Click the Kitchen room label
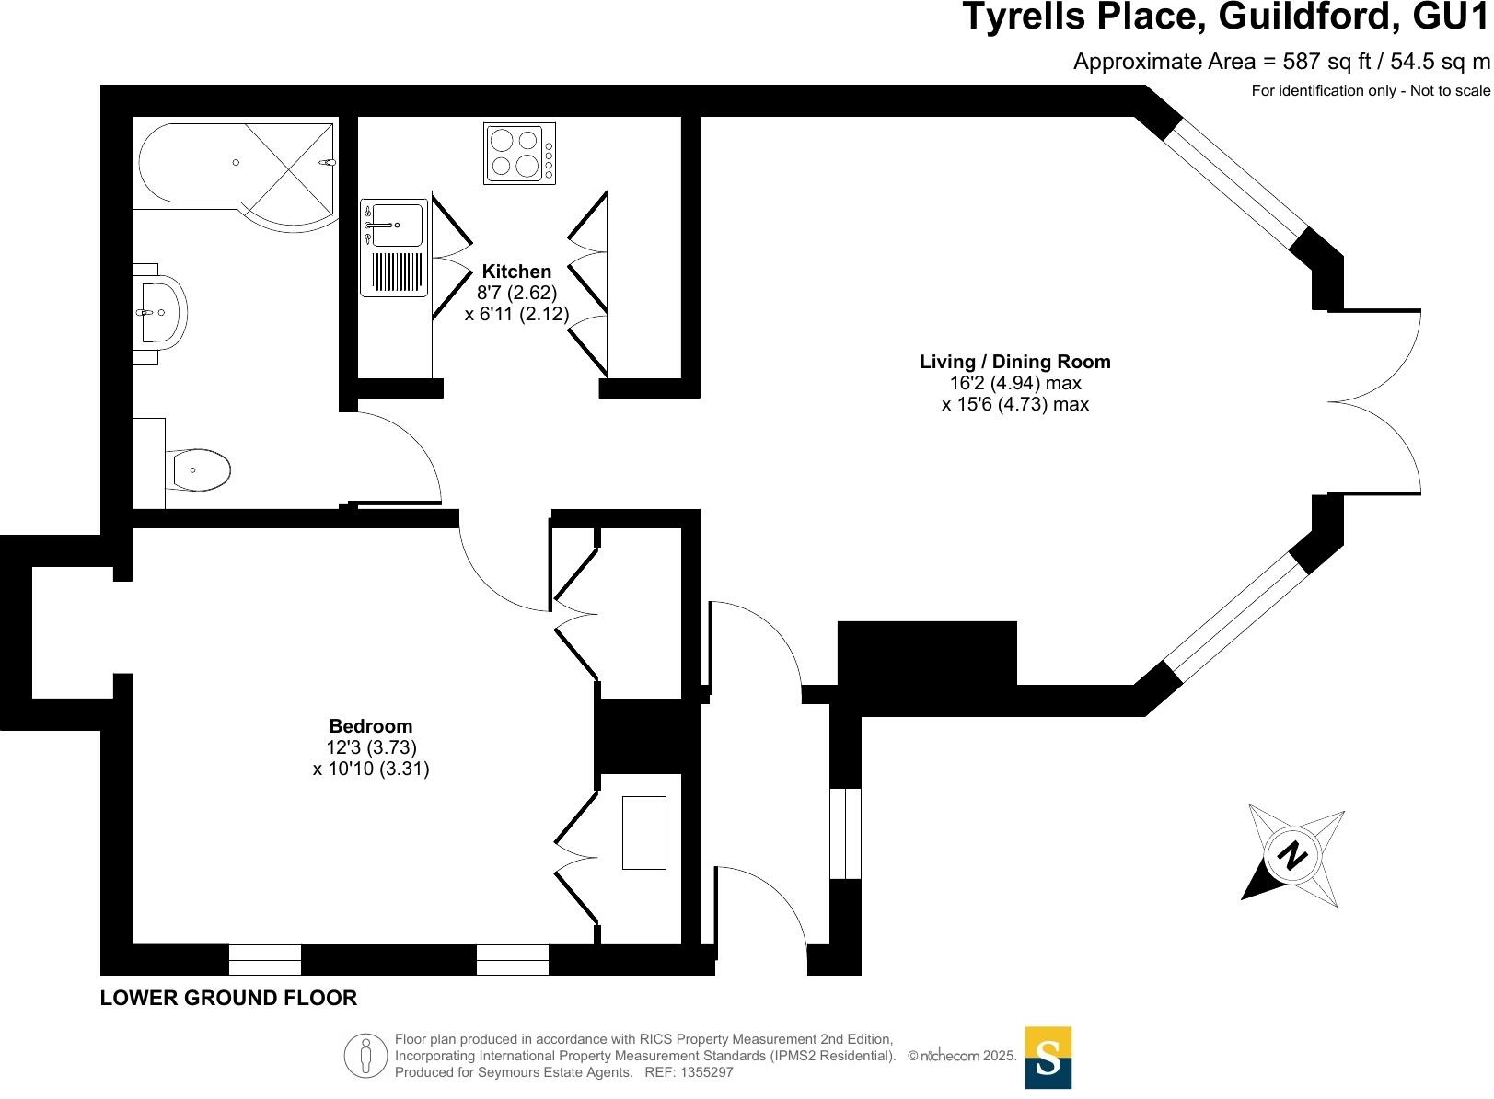516,272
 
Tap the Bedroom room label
371,726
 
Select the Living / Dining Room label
1014,362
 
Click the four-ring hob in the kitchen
519,154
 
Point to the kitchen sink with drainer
394,248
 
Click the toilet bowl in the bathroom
200,470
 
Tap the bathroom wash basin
162,312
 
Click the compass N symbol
1292,856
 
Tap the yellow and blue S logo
1048,1058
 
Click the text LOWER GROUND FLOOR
228,998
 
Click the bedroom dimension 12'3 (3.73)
371,747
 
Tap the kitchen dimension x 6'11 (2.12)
516,314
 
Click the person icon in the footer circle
365,1056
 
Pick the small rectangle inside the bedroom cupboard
643,833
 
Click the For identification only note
1370,90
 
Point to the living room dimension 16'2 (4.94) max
1014,383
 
